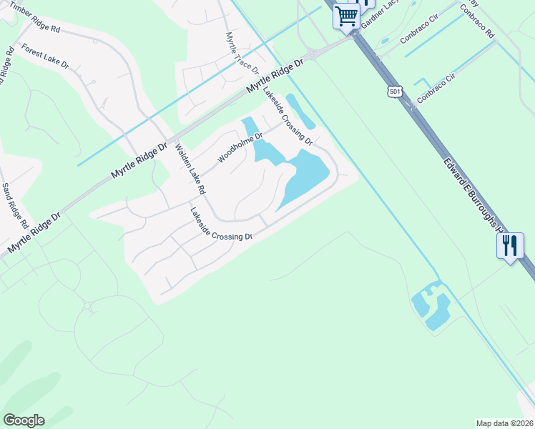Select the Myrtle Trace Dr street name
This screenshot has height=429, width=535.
[241, 52]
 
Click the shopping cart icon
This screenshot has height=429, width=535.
[347, 15]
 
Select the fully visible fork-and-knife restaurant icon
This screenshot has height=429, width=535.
[510, 247]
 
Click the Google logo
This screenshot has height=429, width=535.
[24, 420]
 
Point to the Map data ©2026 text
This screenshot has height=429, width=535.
[504, 423]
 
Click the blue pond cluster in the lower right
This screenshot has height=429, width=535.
[432, 305]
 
